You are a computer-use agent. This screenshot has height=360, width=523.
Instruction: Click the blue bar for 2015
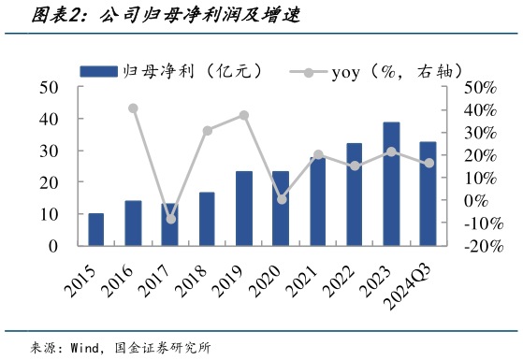95,229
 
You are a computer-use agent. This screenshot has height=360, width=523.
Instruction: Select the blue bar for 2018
207,219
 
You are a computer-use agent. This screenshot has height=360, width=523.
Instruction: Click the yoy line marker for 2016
133,108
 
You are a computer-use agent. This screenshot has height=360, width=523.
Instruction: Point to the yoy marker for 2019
243,115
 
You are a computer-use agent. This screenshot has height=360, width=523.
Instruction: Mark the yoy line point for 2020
282,199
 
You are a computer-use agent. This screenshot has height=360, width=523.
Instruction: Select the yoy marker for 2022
355,166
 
